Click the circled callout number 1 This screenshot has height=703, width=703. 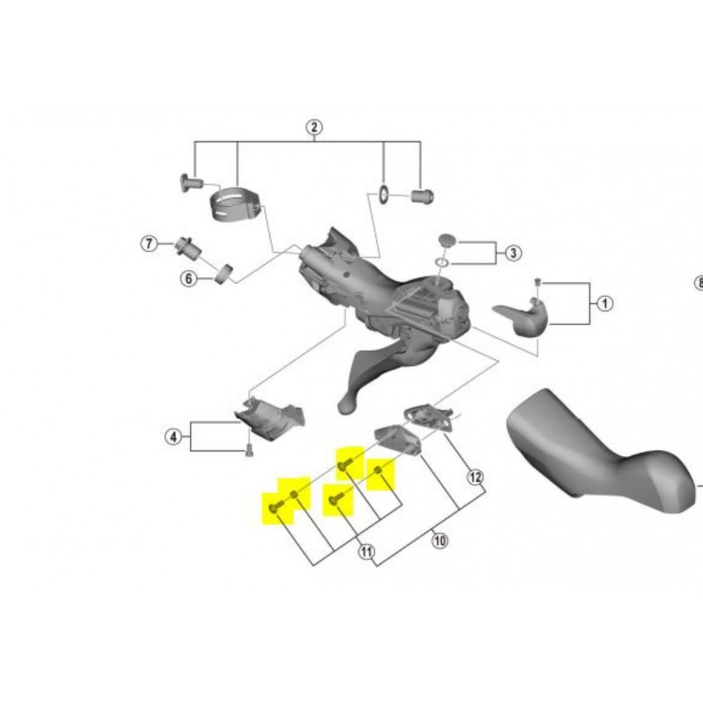click(604, 303)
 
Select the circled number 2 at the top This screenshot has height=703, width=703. click(314, 126)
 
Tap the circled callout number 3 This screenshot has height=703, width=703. click(513, 253)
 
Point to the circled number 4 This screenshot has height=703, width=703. click(173, 437)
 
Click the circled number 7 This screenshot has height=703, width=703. click(149, 243)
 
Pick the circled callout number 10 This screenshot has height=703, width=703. click(440, 542)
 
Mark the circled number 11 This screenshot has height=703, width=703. click(366, 552)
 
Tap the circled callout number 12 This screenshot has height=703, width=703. click(476, 477)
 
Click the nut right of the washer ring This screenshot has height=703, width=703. click(423, 196)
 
